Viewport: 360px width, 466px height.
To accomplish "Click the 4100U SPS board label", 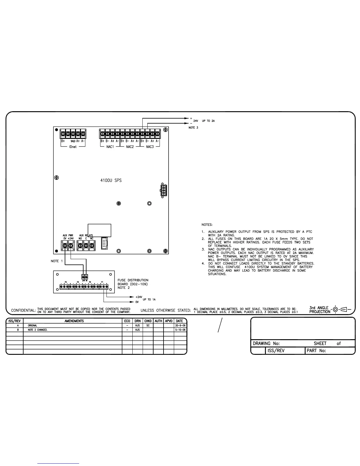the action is (111, 180).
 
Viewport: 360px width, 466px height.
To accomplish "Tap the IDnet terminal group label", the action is (73, 147).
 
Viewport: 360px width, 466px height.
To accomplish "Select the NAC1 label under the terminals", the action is (110, 147).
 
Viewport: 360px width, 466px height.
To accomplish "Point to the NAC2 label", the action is (130, 147).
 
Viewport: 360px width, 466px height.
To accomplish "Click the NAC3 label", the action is (150, 147).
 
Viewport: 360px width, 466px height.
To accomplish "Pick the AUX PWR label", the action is (68, 235).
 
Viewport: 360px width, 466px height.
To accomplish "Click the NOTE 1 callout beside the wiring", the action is (57, 261).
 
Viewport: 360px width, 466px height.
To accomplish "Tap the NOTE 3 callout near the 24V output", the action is (193, 128).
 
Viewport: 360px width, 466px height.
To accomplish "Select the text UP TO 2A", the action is (208, 121).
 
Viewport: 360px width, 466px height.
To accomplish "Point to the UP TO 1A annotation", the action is (149, 299).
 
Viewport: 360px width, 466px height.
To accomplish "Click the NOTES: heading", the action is (207, 225).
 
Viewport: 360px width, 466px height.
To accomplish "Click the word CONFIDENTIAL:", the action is (24, 310).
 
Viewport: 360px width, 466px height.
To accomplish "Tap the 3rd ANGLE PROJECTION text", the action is (320, 310).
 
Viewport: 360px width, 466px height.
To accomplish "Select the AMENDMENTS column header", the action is (74, 321).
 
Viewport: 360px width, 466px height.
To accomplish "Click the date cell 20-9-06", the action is (180, 326).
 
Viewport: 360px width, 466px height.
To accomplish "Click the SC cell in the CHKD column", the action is (148, 326).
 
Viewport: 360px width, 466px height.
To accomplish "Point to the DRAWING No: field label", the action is (266, 343).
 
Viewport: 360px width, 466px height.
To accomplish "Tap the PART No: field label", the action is (316, 351).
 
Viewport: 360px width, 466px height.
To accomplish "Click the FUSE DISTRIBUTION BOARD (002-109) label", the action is (133, 282).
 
